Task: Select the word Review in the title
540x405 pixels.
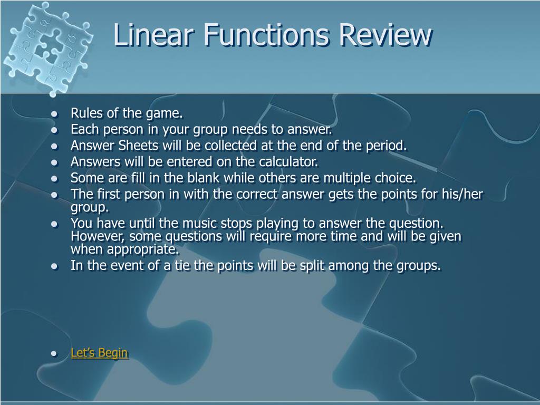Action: [385, 34]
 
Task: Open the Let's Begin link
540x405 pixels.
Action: [99, 353]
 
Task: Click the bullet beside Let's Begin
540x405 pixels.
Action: [54, 354]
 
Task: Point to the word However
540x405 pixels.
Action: [95, 236]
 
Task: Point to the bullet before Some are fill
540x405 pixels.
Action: [54, 179]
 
